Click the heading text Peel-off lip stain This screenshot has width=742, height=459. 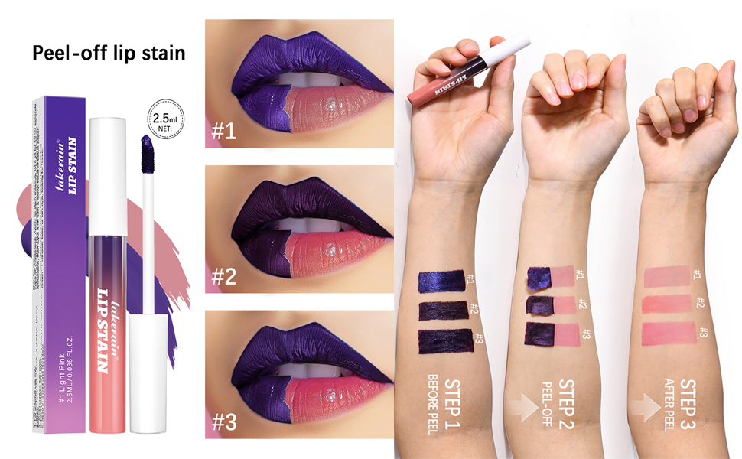pos(109,54)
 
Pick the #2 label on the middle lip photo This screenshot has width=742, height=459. pos(223,275)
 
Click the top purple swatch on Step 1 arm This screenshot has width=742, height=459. pos(441,281)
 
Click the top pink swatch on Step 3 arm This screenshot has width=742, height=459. pos(666,275)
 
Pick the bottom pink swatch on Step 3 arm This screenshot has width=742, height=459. pos(669,334)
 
